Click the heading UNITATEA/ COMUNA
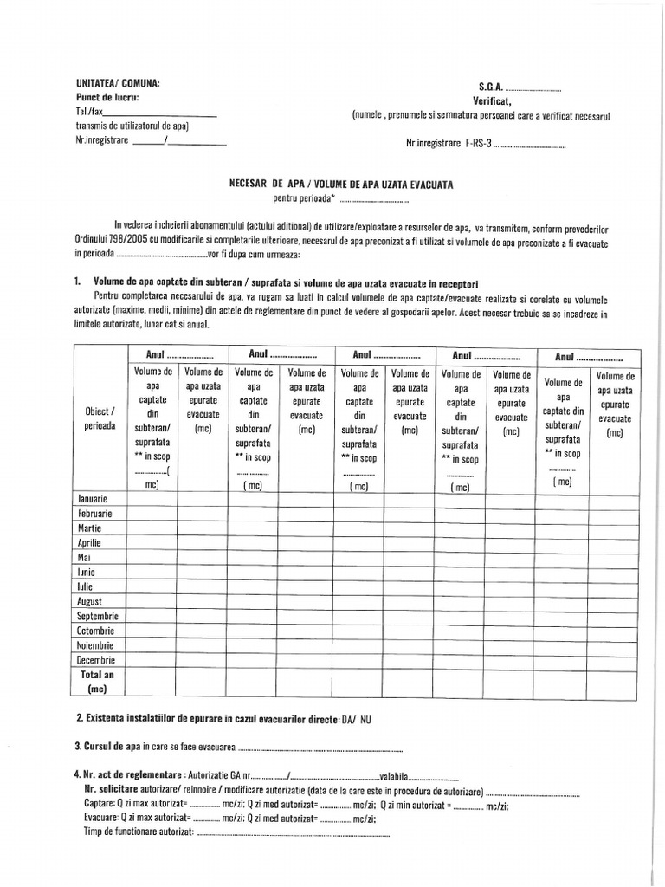(117, 83)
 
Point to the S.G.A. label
(490, 87)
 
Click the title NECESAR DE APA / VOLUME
(339, 185)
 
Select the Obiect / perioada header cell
(100, 418)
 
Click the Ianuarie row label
(93, 499)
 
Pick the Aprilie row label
(90, 543)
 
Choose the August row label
(90, 601)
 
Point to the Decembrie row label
(96, 660)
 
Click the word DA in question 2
(348, 720)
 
